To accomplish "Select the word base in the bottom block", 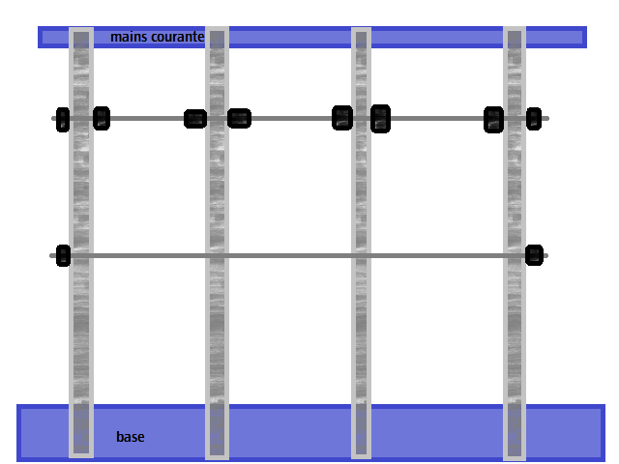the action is coord(131,437).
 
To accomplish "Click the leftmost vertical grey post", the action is coord(81,243).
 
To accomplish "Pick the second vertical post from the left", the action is coord(217,243).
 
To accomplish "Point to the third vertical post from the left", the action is coord(361,243).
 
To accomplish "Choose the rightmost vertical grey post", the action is coord(515,244).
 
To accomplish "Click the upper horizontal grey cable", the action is coord(300,118).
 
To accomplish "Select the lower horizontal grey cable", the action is coord(299,255).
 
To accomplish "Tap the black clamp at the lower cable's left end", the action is coord(63,255).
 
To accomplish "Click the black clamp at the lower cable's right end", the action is coord(534,255).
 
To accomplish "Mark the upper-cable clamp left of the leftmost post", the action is coord(63,119).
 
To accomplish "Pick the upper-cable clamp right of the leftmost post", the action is coord(102,118).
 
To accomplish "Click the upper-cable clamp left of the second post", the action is coord(195,119).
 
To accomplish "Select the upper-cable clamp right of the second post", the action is coord(239,118).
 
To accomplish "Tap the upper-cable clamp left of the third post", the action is coord(342,118).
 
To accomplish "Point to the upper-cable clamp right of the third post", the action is coord(380,119).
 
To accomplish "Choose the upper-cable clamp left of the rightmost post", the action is coord(494,120).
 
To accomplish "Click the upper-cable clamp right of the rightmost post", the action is coord(534,118).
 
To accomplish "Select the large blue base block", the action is coord(310,433).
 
